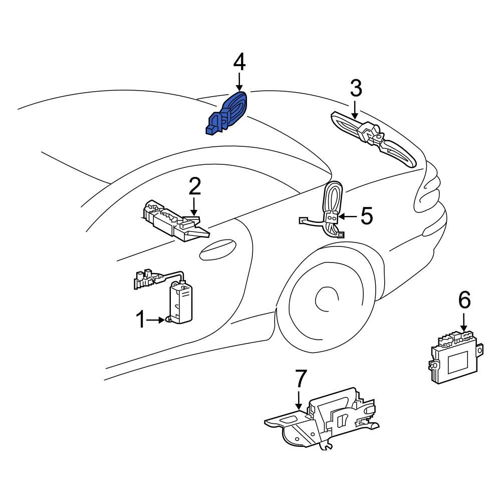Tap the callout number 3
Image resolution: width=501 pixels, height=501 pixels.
[x=355, y=89]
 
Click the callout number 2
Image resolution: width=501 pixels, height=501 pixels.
[x=194, y=186]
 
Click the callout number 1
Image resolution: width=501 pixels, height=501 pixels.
[x=141, y=319]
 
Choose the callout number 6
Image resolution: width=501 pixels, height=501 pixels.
[x=464, y=300]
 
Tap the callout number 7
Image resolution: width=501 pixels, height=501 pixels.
[x=299, y=379]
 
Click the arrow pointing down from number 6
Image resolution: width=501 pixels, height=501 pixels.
[x=464, y=322]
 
